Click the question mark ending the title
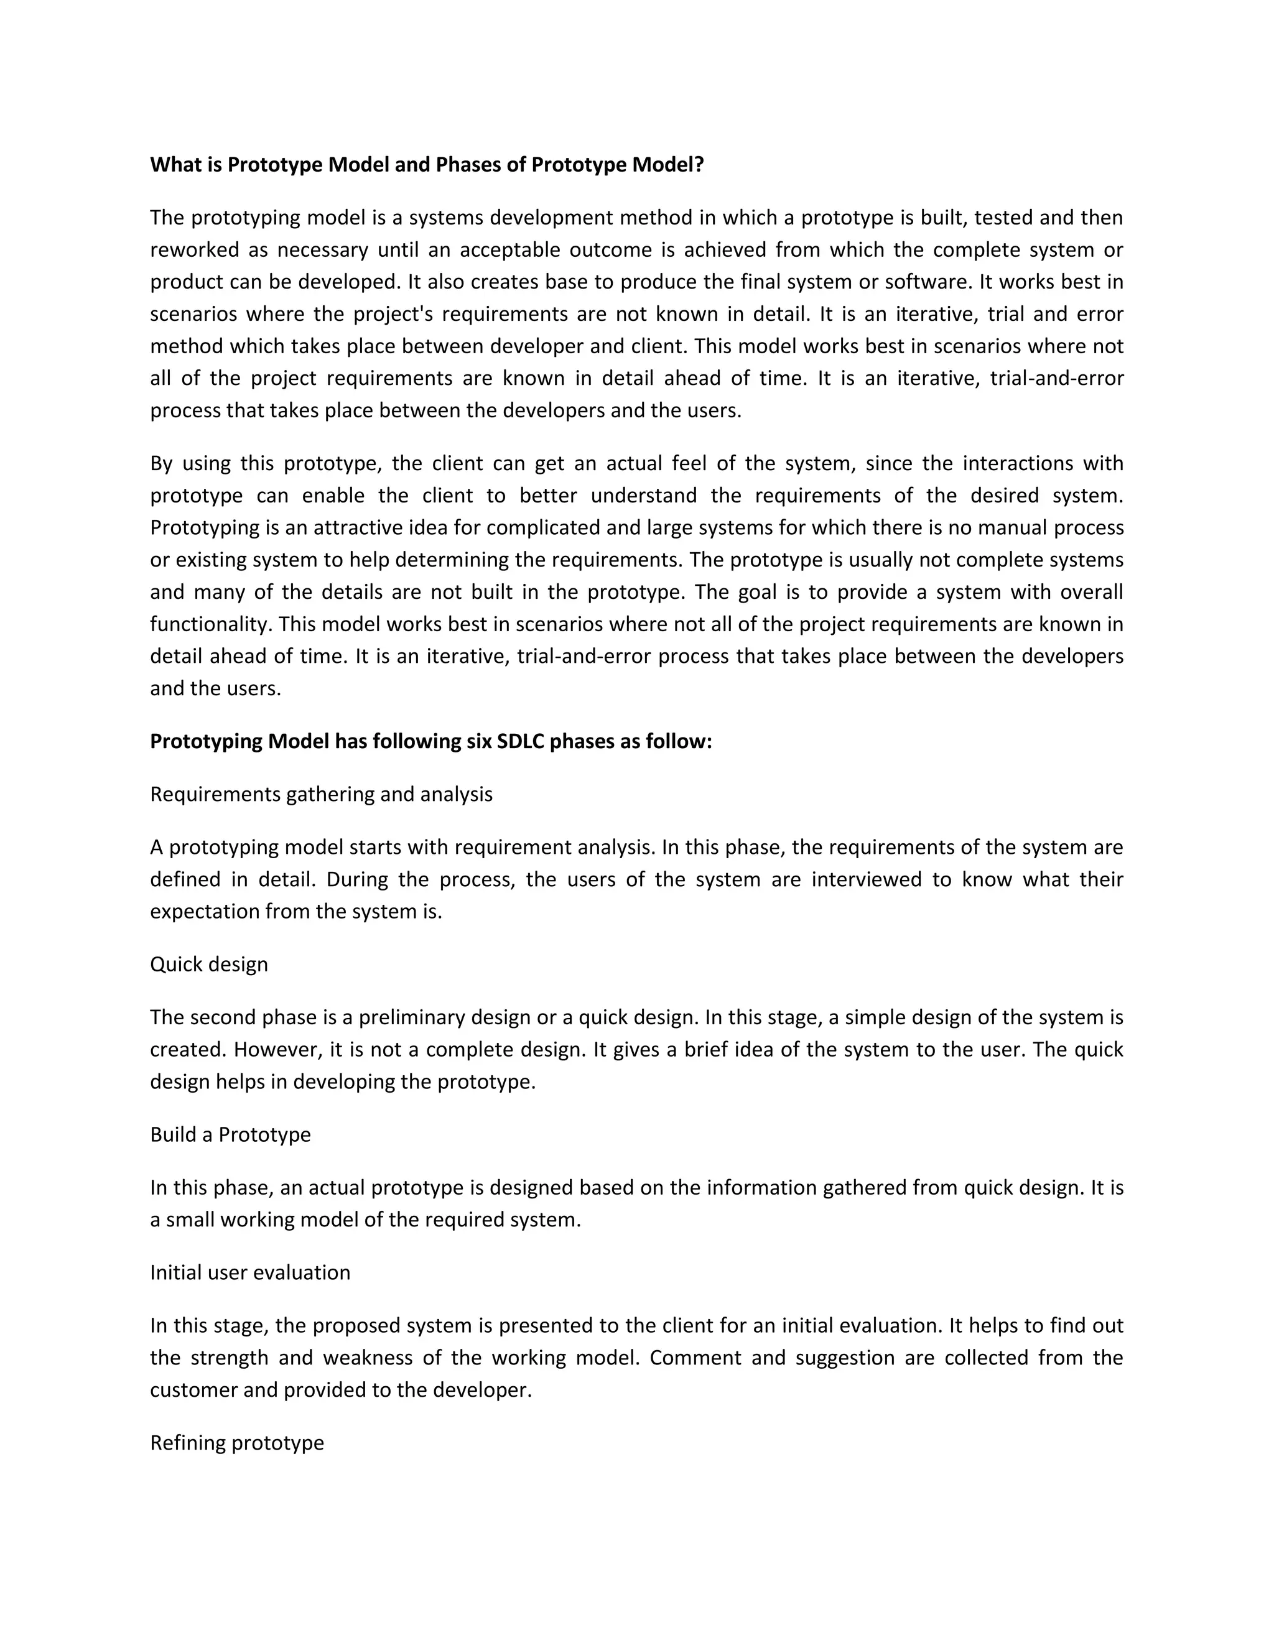(x=699, y=165)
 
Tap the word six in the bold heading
(x=477, y=742)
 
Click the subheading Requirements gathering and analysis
(x=321, y=795)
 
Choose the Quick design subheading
(x=209, y=965)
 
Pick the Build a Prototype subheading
(x=230, y=1135)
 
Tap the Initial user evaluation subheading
(x=250, y=1272)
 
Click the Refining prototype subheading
(x=237, y=1443)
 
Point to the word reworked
(x=194, y=250)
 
